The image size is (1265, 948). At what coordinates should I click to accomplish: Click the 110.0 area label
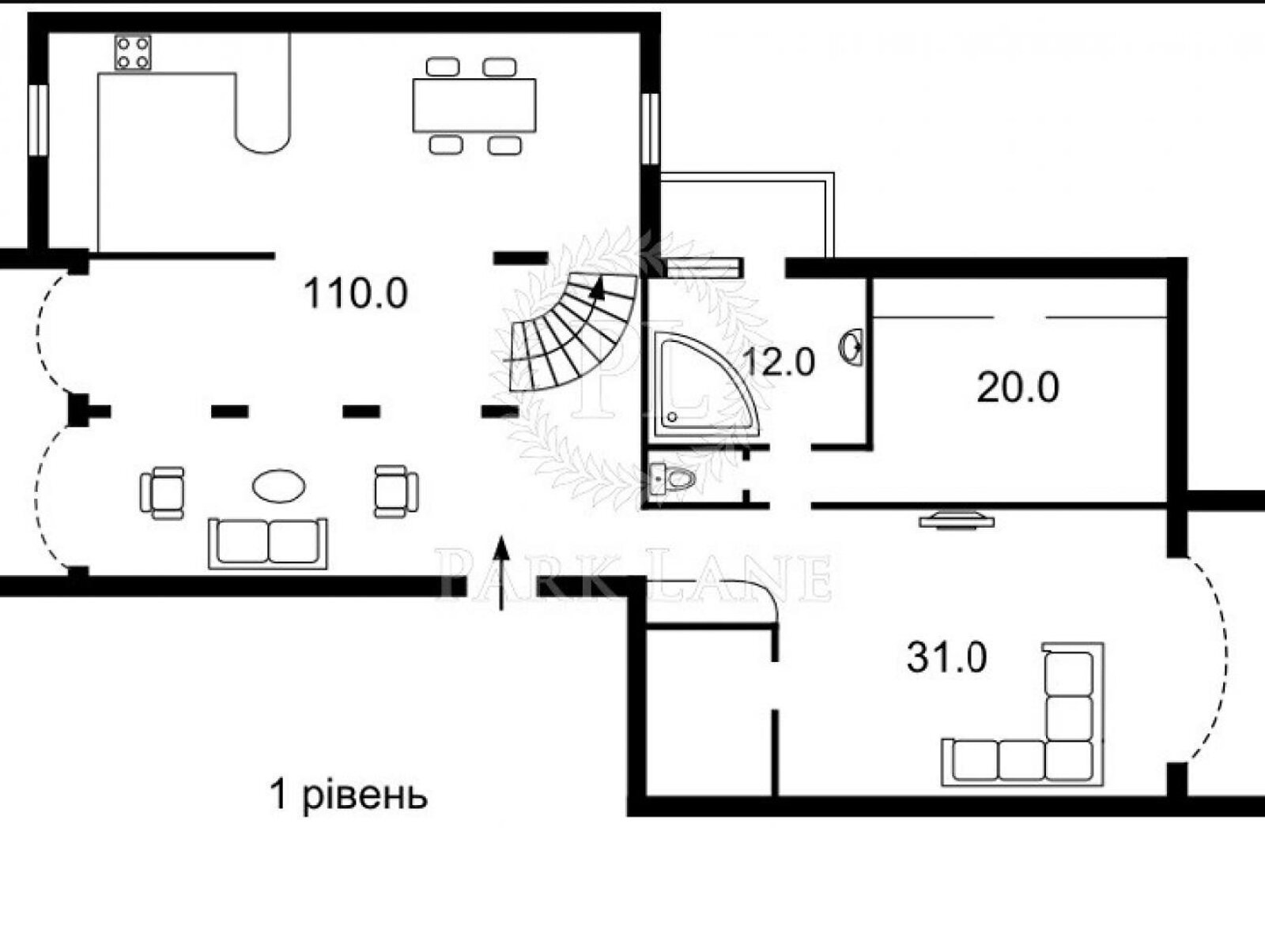tap(356, 293)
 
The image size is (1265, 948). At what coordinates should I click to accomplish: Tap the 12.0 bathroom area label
tap(779, 363)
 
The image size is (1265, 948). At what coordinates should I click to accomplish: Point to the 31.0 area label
tap(947, 657)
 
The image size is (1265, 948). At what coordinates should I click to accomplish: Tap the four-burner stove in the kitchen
tap(133, 52)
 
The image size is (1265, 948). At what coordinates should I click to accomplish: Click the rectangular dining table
tap(474, 105)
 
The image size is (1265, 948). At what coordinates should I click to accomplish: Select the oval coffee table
tap(279, 486)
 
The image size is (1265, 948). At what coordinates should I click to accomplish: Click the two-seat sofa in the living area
tap(268, 544)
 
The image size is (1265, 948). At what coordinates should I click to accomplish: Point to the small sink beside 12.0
tap(852, 347)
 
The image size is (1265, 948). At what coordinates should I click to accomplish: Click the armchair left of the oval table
tap(163, 492)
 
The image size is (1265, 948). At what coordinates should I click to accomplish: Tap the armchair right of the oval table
tap(396, 491)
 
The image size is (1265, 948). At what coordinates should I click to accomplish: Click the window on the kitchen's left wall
tap(38, 119)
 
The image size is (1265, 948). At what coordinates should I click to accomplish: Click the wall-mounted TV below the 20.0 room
tap(956, 519)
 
